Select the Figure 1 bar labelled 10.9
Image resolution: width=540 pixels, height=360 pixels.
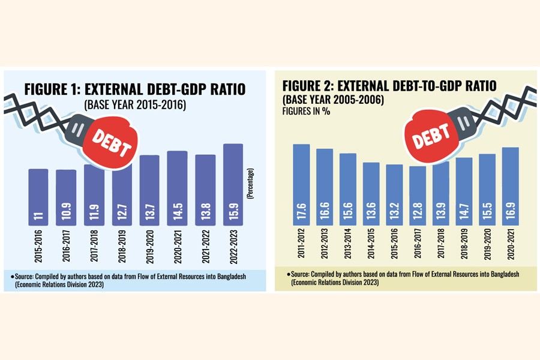pos(66,198)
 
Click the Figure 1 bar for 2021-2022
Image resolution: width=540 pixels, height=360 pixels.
pos(205,192)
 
